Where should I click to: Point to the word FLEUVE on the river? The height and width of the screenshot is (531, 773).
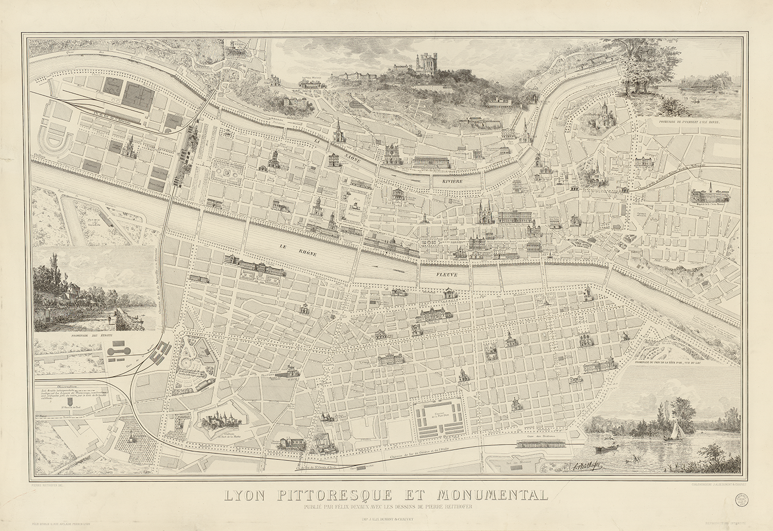[445, 276]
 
